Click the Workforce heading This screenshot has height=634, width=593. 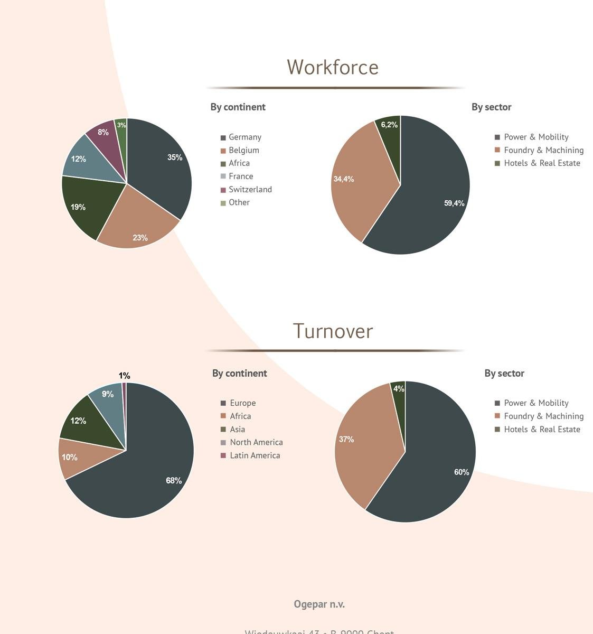tap(333, 68)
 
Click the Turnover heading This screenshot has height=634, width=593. tap(333, 331)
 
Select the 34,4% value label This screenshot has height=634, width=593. tap(344, 179)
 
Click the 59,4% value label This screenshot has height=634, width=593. tap(454, 203)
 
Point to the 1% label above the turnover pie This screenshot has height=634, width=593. tap(125, 376)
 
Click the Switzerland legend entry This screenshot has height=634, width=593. tap(250, 190)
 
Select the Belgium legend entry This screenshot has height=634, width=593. tap(243, 150)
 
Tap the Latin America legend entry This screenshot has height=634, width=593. tap(255, 455)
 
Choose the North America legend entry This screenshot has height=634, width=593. tap(256, 442)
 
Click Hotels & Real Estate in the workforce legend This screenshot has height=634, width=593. tap(542, 163)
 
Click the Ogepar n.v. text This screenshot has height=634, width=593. tap(319, 604)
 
